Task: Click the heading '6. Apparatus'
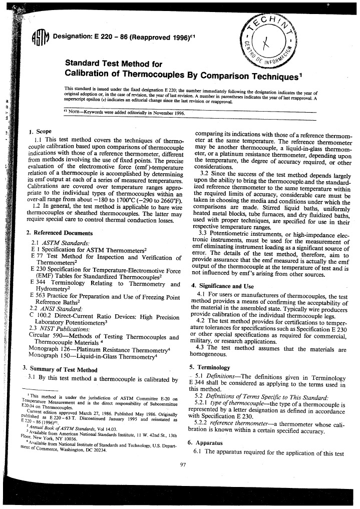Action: tap(204, 443)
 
